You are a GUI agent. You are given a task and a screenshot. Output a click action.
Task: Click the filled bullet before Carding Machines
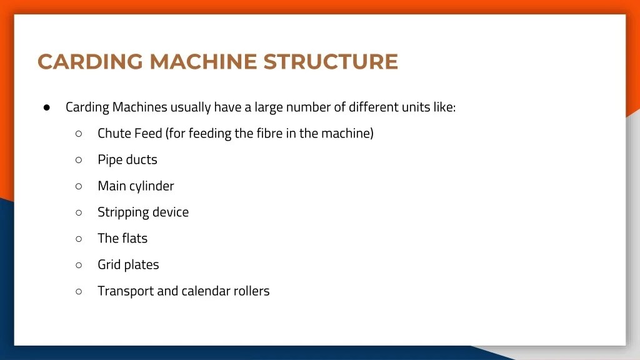[x=47, y=107]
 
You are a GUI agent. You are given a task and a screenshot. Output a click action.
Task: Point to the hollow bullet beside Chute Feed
[x=79, y=133]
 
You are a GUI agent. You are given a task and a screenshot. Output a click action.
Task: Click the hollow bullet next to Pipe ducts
[x=79, y=159]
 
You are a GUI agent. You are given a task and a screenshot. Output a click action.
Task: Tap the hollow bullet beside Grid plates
[x=79, y=264]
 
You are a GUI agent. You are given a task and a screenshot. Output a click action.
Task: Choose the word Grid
[x=109, y=264]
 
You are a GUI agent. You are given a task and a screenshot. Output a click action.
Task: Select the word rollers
[x=252, y=291]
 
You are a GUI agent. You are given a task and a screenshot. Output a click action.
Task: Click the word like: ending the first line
[x=444, y=107]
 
